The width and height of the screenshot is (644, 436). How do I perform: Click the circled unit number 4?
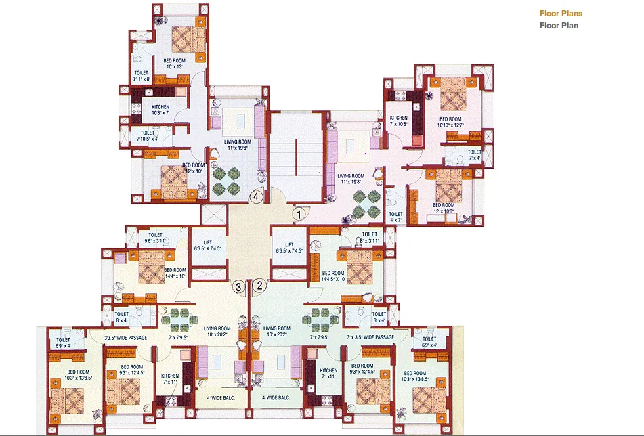255,197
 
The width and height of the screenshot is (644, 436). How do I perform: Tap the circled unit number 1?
298,215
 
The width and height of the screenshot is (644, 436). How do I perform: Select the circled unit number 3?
238,286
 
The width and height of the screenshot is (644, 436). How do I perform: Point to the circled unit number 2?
259,286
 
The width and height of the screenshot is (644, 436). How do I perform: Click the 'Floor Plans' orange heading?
561,14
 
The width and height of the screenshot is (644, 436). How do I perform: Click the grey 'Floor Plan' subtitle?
559,26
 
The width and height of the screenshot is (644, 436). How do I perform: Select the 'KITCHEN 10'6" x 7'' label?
160,110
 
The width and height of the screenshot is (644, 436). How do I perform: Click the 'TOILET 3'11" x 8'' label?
142,76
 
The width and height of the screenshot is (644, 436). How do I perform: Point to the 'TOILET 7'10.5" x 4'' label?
147,136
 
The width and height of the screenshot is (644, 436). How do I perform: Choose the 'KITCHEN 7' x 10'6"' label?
398,121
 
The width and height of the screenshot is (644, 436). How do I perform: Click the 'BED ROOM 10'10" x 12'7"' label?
450,121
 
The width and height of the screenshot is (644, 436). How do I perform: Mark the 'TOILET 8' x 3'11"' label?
369,238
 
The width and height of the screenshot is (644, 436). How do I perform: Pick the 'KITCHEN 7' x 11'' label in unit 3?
170,379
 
